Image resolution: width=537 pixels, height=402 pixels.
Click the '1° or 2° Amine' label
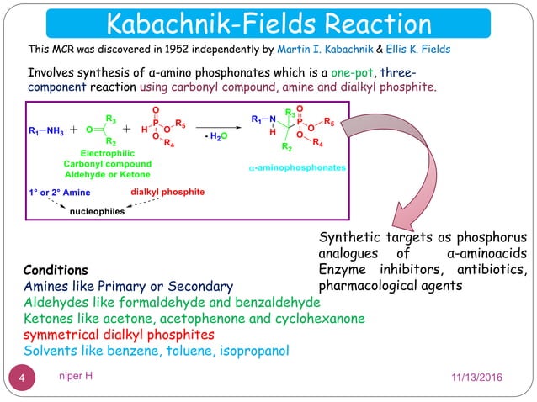click(x=60, y=193)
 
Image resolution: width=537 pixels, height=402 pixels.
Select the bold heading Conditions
click(x=56, y=271)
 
